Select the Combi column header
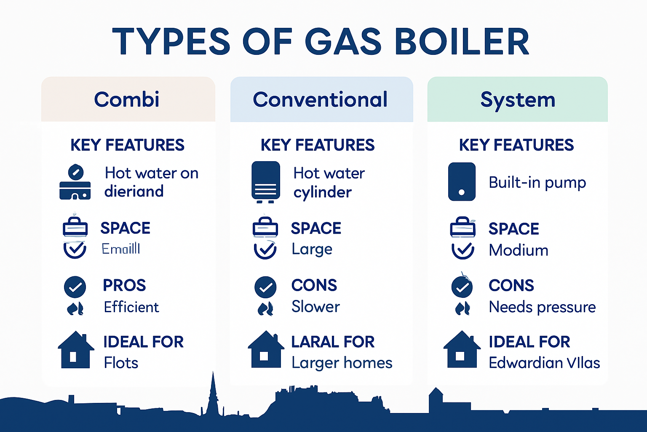[127, 100]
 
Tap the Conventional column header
[320, 100]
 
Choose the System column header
[518, 100]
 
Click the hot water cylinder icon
[265, 181]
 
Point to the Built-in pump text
[537, 182]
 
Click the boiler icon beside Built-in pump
[462, 181]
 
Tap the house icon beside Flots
[76, 350]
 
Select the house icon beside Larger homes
[266, 350]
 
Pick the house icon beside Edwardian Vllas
[462, 350]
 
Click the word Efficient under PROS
[131, 307]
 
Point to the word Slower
[315, 307]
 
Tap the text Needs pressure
[542, 307]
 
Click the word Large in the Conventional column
[312, 249]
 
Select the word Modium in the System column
[519, 250]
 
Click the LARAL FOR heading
[333, 342]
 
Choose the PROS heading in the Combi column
[124, 286]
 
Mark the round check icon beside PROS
[75, 287]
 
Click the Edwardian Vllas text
[544, 363]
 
